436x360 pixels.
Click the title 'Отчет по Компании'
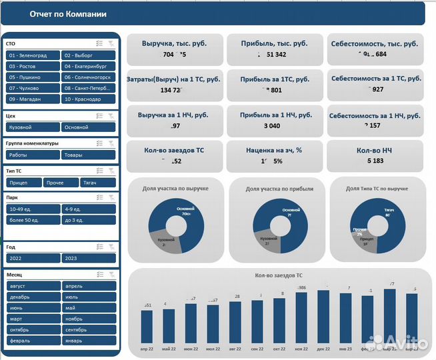tap(68, 14)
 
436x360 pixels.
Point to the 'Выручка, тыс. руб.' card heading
tap(174, 43)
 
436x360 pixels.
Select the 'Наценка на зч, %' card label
tap(274, 150)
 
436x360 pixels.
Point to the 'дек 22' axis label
tap(324, 349)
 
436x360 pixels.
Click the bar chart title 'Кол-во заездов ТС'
tap(279, 275)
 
